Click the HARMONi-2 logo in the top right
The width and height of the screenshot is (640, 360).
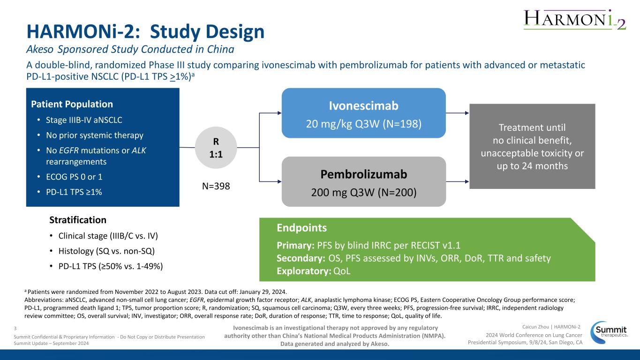[x=574, y=19]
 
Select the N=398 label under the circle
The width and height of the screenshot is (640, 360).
[x=216, y=186]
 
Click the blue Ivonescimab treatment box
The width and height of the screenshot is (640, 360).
[x=363, y=113]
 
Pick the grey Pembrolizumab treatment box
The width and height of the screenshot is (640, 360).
[x=363, y=181]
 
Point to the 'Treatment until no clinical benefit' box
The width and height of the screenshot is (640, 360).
[x=532, y=146]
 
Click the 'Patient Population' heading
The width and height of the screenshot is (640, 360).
[x=72, y=104]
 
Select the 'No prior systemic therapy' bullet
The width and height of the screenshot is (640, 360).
[x=94, y=135]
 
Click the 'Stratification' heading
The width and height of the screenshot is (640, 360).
[x=78, y=220]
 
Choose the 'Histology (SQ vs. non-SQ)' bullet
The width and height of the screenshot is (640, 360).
[x=106, y=251]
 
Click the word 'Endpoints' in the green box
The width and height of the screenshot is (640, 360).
[x=302, y=228]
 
